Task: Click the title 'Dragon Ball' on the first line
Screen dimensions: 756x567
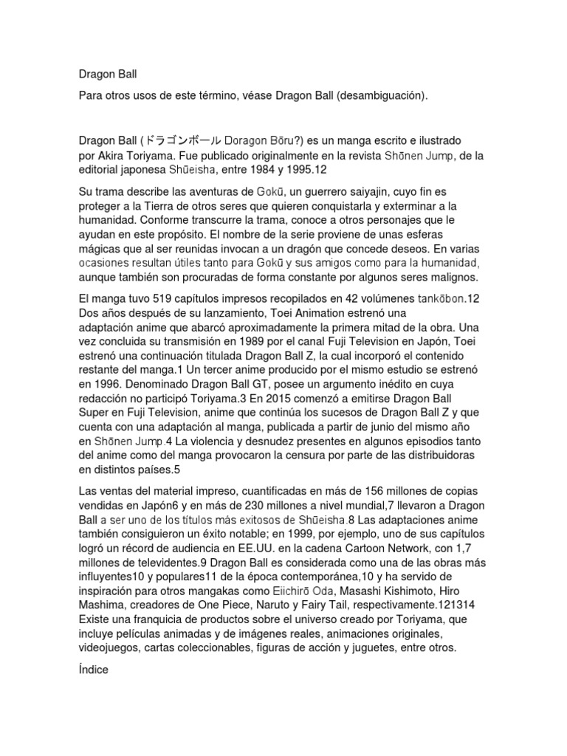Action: tap(108, 75)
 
